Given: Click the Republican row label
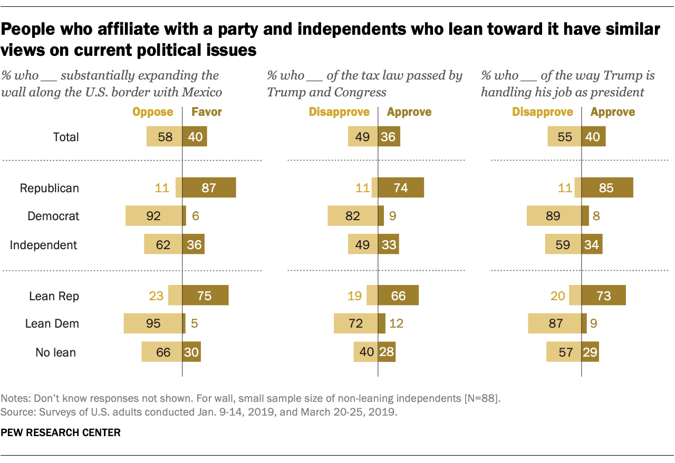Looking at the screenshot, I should [49, 188].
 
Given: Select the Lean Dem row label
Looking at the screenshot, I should [52, 323].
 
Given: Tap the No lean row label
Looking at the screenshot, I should [55, 352].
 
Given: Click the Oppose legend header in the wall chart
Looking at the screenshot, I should [152, 112].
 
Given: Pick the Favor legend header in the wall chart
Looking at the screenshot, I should [206, 112].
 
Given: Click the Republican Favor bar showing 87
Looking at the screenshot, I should [209, 188].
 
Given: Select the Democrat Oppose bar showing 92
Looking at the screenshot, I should [153, 216].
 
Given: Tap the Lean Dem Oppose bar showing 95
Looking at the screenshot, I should [152, 323].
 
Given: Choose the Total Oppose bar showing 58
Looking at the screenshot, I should [164, 137].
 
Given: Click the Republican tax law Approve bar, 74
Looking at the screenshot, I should [400, 188].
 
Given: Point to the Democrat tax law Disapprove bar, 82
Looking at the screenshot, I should [353, 216].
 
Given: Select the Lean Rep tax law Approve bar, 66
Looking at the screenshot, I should [398, 296].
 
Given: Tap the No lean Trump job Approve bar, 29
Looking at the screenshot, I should [590, 352].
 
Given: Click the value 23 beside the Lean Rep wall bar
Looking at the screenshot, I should [156, 296].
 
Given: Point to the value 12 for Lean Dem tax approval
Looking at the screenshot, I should [396, 323].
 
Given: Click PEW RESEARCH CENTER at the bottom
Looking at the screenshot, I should [61, 433].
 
